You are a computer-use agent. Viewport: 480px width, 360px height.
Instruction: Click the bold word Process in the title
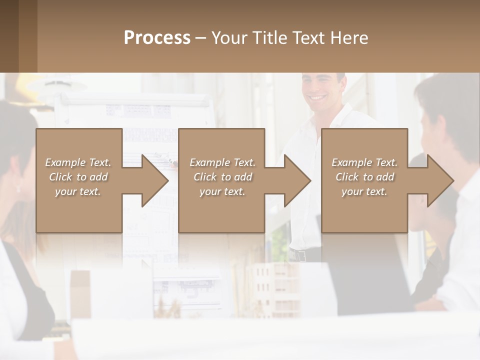pos(157,38)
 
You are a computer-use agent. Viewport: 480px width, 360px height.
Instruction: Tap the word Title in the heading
pos(270,38)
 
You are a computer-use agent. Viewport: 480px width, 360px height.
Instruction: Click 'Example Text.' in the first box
pos(78,162)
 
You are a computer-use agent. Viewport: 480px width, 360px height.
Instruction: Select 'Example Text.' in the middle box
pos(222,162)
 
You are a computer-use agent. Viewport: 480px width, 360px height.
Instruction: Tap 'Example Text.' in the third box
pos(364,162)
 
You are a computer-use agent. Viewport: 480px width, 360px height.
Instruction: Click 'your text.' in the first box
pos(78,191)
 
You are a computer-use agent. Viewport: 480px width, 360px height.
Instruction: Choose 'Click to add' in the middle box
pos(222,177)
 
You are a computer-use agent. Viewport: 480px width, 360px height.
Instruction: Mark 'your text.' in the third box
pos(364,191)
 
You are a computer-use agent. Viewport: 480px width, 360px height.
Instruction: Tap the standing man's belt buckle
pos(300,255)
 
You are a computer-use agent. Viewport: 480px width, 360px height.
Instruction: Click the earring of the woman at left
pos(18,188)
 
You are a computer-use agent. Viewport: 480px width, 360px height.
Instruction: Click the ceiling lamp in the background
pos(55,85)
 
